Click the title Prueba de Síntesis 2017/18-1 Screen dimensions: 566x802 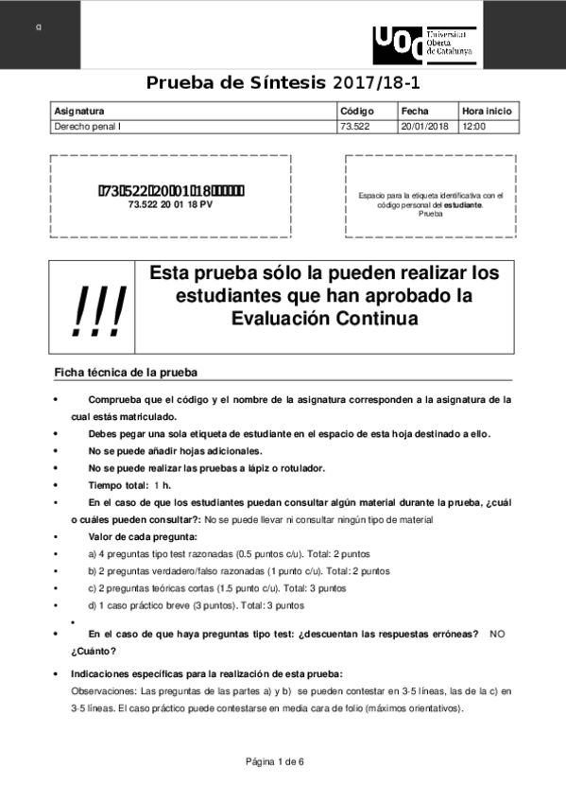click(283, 82)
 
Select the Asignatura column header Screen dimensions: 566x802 click(79, 111)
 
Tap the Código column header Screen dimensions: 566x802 click(357, 111)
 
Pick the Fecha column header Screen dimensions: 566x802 click(415, 111)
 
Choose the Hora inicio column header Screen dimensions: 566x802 click(487, 111)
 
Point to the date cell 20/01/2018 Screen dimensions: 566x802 click(424, 125)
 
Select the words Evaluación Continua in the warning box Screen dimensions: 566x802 click(324, 319)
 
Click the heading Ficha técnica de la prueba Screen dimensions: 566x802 click(126, 373)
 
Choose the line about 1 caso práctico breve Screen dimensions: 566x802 click(196, 605)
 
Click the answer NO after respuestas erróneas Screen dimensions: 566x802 click(497, 634)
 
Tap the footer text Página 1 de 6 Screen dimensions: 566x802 click(275, 761)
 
